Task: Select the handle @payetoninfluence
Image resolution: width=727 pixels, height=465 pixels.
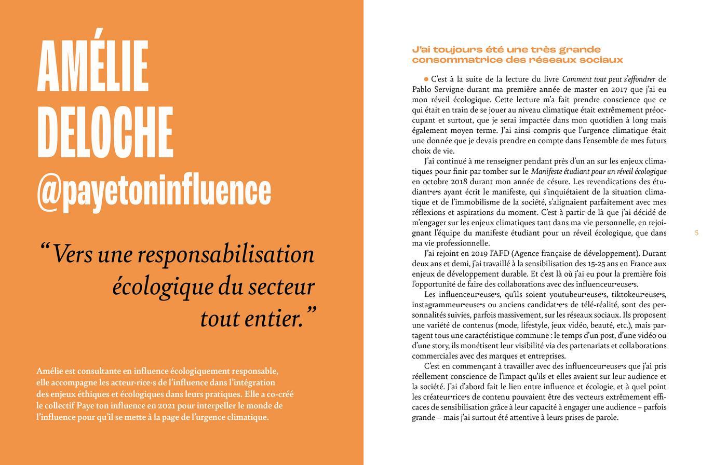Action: click(x=154, y=190)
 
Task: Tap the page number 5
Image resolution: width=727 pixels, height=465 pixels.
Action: click(x=696, y=233)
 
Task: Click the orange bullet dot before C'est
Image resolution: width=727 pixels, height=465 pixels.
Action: click(x=426, y=79)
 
